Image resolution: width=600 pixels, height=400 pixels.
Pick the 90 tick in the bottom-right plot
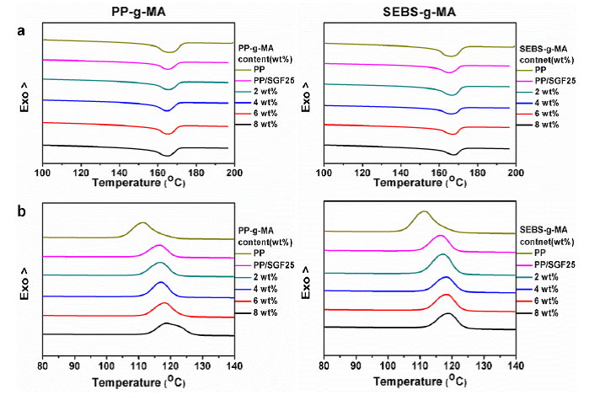coord(356,365)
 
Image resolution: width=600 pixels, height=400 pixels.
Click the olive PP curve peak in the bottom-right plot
coord(424,212)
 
